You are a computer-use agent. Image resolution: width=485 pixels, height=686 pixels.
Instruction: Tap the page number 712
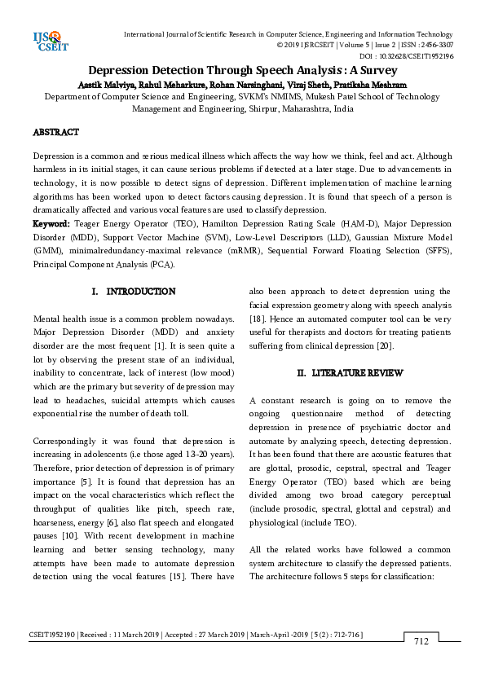421,641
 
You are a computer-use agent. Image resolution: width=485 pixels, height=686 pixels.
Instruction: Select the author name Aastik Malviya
105,83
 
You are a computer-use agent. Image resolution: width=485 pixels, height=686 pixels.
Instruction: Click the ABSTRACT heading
55,132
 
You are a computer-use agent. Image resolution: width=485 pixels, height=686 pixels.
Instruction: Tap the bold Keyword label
51,223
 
